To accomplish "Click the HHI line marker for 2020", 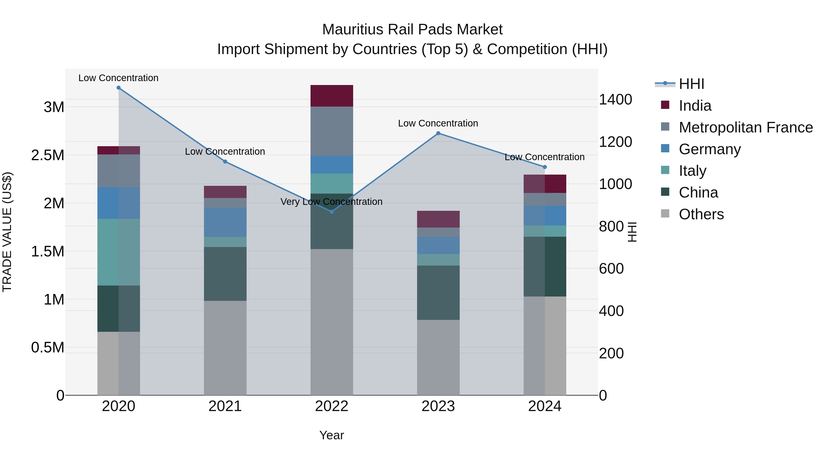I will point(118,88).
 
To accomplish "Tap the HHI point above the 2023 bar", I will point(438,133).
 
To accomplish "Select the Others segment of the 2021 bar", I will point(225,347).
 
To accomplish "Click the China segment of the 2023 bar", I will point(438,292).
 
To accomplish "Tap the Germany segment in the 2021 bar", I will point(225,222).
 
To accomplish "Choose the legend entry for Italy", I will point(692,171).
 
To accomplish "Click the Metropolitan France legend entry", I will point(745,127).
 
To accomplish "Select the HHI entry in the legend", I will point(691,84).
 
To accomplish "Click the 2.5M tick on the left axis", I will point(48,155).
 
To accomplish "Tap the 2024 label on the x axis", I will point(544,406).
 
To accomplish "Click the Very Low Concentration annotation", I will point(331,202).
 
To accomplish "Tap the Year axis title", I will point(331,435).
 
